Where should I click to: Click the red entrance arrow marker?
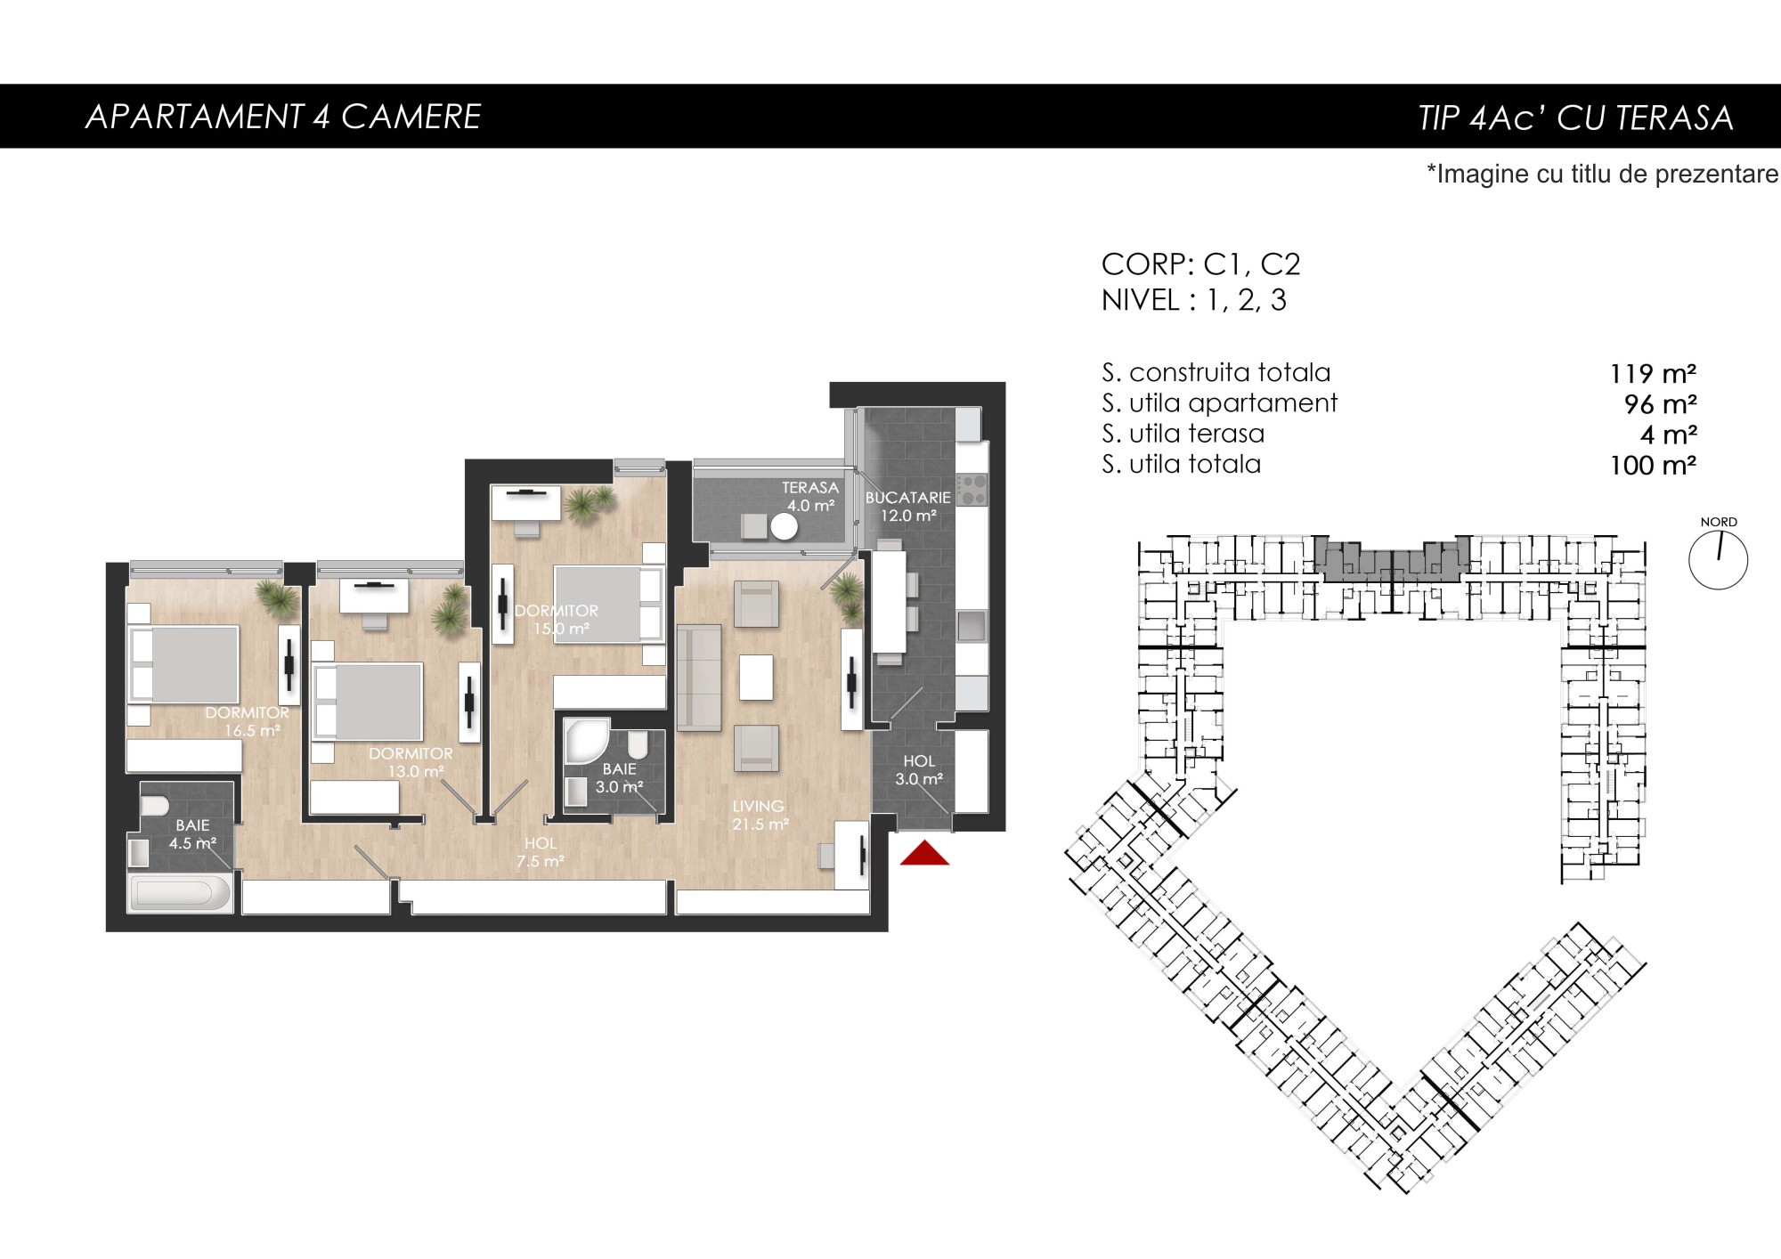point(924,853)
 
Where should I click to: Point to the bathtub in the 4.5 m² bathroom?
point(181,893)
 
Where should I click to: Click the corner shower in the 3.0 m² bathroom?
point(586,741)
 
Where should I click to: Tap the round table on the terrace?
point(784,527)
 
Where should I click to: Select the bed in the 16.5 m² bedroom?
point(185,664)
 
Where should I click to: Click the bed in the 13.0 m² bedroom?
point(367,702)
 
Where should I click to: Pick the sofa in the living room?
point(698,678)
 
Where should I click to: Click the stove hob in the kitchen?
point(972,489)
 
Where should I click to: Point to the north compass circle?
point(1718,561)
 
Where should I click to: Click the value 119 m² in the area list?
point(1653,374)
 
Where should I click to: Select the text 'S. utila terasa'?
point(1183,434)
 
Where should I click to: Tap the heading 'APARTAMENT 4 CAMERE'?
point(283,117)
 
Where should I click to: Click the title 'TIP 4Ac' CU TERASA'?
point(1575,118)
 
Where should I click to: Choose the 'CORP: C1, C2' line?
point(1200,264)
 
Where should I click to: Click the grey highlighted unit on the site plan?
point(1391,561)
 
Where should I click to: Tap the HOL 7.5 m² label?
point(541,852)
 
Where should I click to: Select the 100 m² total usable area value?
point(1653,466)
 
